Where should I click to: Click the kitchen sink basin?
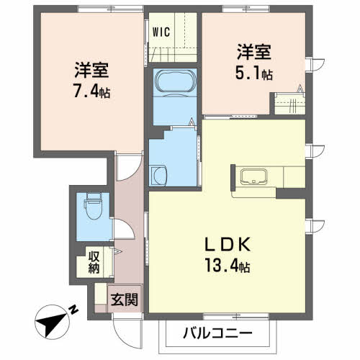[253, 176]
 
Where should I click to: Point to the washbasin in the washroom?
[159, 175]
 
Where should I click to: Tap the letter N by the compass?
[73, 310]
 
